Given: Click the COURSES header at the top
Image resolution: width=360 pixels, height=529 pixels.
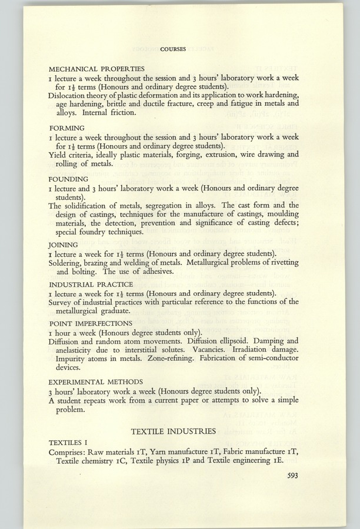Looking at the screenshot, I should (173, 49).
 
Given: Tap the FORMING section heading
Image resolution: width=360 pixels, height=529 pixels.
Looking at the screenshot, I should (66, 128).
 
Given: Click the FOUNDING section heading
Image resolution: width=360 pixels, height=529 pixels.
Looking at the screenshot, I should (68, 178).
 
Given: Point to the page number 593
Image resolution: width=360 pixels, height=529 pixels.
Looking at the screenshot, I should (291, 477).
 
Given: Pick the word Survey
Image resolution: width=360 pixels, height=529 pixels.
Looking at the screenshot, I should (61, 302).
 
